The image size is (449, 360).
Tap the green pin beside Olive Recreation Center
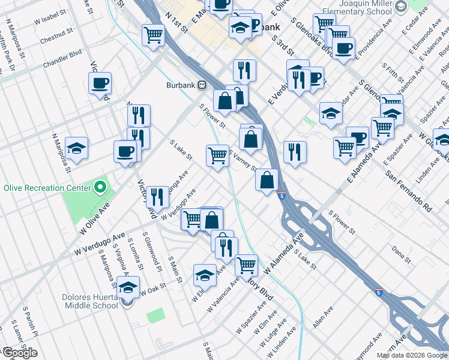(x=100, y=188)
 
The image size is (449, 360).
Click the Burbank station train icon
(x=202, y=85)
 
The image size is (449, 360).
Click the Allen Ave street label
(x=322, y=317)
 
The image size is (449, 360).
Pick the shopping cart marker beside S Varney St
(x=217, y=155)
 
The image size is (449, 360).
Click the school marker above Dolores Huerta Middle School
(x=128, y=287)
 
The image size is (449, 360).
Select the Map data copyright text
(x=411, y=355)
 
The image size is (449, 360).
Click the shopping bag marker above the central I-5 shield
(x=267, y=180)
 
